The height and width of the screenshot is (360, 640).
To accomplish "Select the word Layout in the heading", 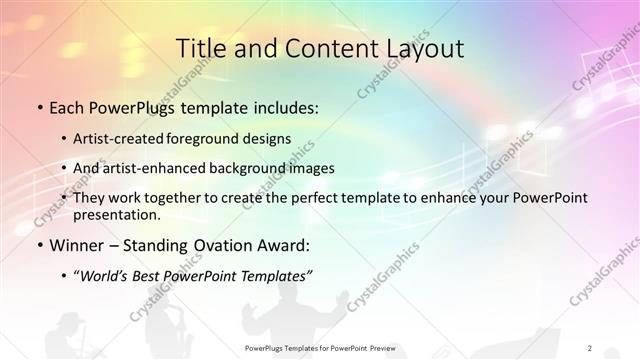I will (419, 49).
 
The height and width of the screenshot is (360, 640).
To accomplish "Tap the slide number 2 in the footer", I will (590, 348).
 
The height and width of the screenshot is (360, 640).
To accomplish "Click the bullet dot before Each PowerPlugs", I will (38, 105).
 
